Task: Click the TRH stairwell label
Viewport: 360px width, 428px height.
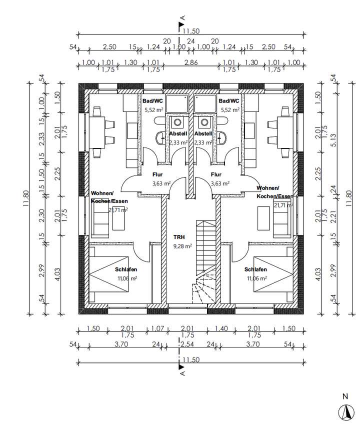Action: (x=178, y=237)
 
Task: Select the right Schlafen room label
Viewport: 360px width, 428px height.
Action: (x=255, y=270)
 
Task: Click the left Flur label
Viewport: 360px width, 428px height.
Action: (x=157, y=175)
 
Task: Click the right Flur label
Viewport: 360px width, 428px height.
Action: (x=216, y=175)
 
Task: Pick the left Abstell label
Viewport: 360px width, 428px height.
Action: (x=177, y=134)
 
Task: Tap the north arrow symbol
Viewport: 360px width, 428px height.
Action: (x=344, y=411)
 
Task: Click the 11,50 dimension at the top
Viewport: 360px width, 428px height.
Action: (x=191, y=31)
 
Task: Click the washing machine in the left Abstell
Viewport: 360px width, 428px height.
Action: (x=176, y=122)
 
